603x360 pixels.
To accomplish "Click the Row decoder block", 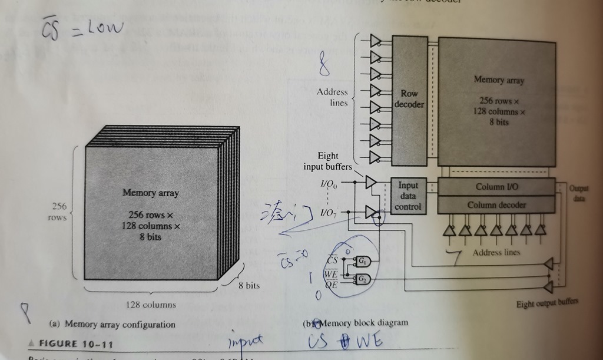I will [x=409, y=99].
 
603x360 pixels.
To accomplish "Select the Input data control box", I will [x=408, y=196].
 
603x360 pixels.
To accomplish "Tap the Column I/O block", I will [x=496, y=187].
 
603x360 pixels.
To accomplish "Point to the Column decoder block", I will [x=496, y=204].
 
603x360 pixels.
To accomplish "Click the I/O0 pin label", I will [x=329, y=184].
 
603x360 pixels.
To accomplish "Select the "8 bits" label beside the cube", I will [x=249, y=285].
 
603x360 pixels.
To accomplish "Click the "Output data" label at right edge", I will [x=578, y=193].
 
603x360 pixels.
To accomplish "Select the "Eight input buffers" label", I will [x=328, y=161].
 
